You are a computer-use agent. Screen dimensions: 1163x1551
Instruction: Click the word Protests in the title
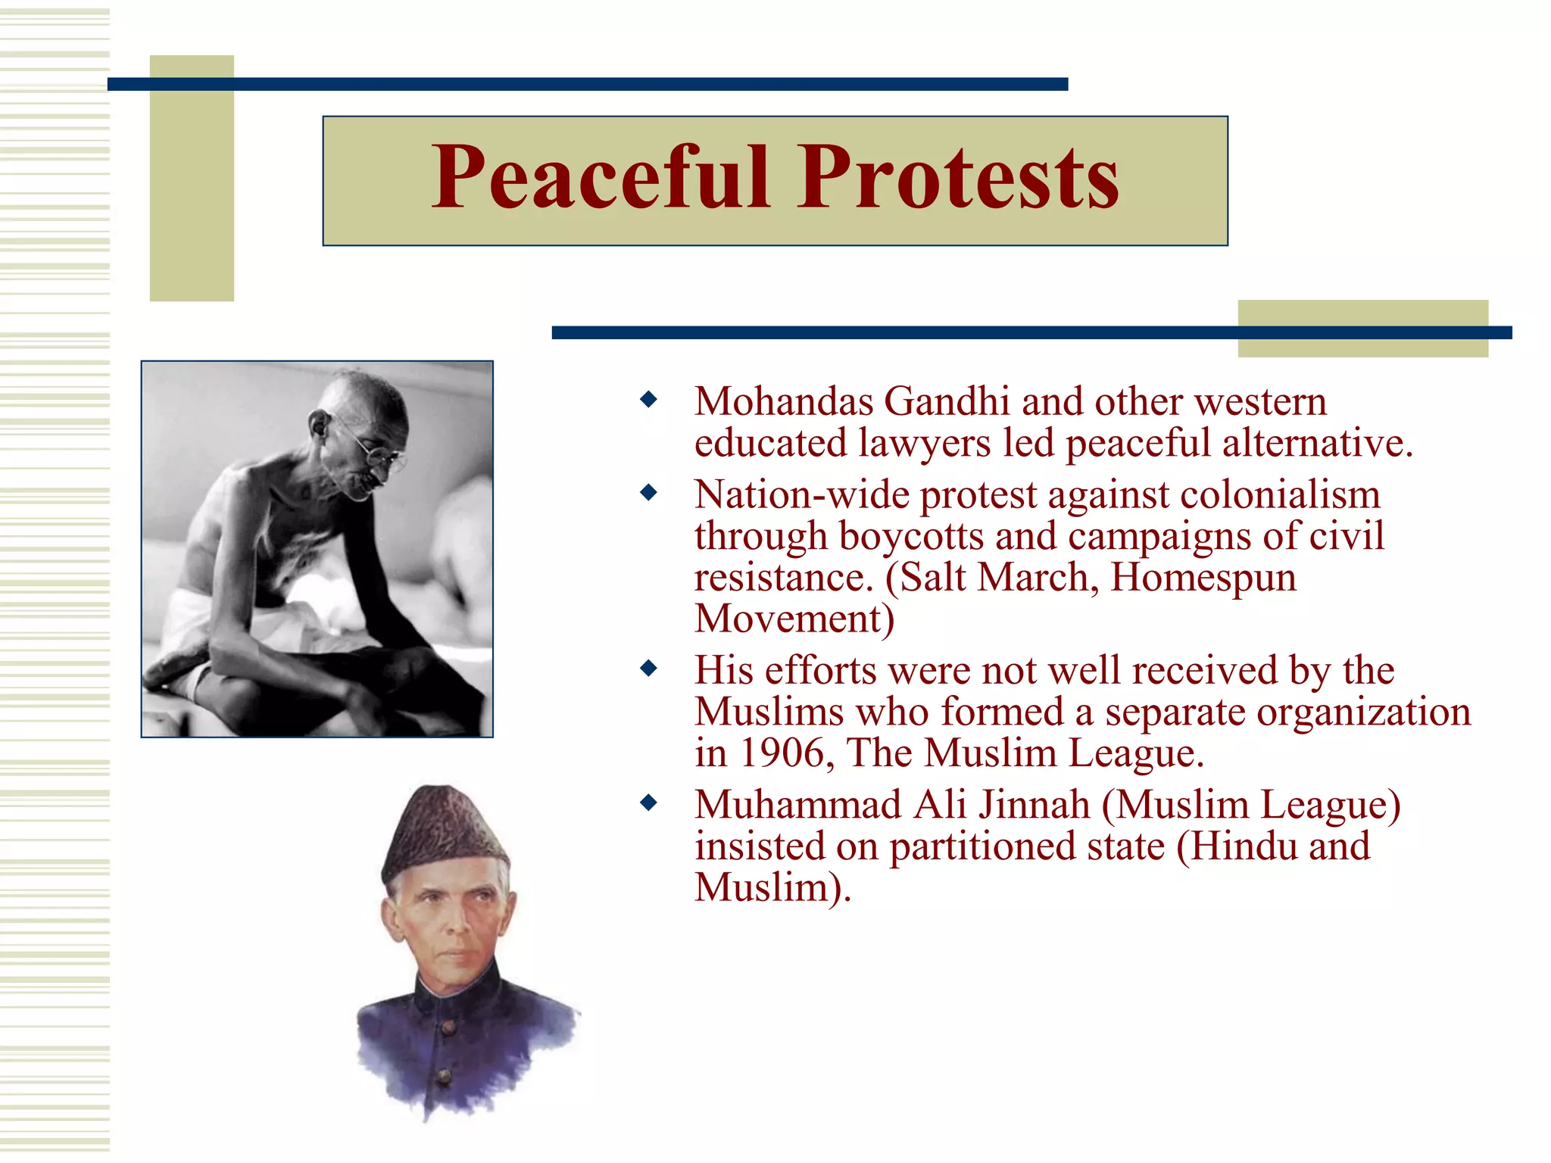[x=958, y=179]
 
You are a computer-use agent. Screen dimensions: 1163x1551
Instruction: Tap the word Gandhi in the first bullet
[x=947, y=401]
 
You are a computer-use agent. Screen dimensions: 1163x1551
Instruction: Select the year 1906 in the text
[x=782, y=754]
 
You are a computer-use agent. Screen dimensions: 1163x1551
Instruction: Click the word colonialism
[x=1280, y=495]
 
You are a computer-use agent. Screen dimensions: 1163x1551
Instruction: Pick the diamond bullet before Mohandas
[x=648, y=399]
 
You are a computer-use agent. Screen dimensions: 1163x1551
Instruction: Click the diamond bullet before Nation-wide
[x=648, y=493]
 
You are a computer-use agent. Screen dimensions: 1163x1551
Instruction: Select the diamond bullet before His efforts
[x=648, y=668]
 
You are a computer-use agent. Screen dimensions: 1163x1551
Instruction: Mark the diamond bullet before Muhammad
[x=648, y=802]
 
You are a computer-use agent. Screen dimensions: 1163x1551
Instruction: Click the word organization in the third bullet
[x=1363, y=712]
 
